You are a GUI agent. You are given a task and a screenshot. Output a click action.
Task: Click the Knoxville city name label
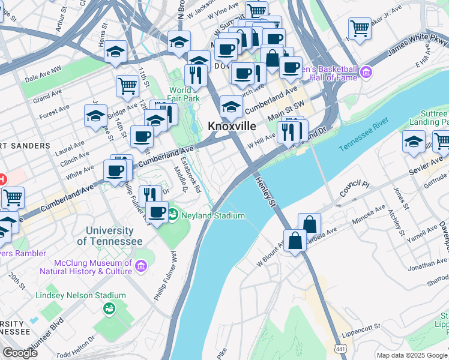coord(232,127)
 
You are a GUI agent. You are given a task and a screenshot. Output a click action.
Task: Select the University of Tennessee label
coord(110,236)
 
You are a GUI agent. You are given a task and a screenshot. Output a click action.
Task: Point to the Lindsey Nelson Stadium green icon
coord(109,308)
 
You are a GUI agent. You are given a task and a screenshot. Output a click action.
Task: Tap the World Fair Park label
coord(184,95)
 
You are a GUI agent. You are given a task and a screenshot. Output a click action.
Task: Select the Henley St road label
coord(265,192)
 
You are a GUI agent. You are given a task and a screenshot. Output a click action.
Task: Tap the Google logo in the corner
coord(20,353)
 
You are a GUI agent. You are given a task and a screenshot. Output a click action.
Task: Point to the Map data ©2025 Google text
coord(412,355)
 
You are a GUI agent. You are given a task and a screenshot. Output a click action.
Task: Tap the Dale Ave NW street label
coord(43,77)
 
